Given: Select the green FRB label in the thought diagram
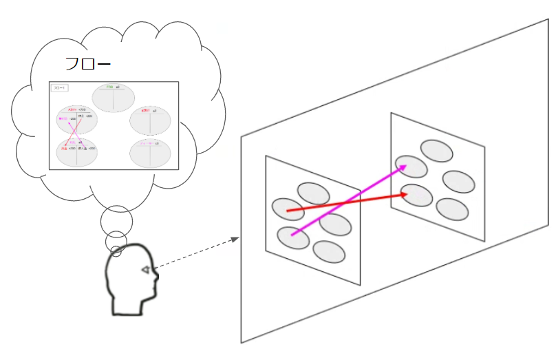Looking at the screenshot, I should coord(109,87).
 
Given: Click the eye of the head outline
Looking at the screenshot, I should coord(146,270).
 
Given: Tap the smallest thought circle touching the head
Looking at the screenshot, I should coord(116,251).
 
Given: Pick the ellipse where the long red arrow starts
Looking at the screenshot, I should coord(288,208).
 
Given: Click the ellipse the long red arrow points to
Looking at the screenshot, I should coord(417,195).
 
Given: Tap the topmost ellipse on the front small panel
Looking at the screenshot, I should coord(313,193).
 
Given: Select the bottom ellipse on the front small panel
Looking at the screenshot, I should coord(329,252).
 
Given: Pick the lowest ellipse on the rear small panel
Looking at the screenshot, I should coord(452,209).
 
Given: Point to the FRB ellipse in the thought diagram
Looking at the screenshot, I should coord(114,97).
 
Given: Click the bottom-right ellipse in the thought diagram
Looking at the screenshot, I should coord(151,151).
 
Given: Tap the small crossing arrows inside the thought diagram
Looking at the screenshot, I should coord(69,131).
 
